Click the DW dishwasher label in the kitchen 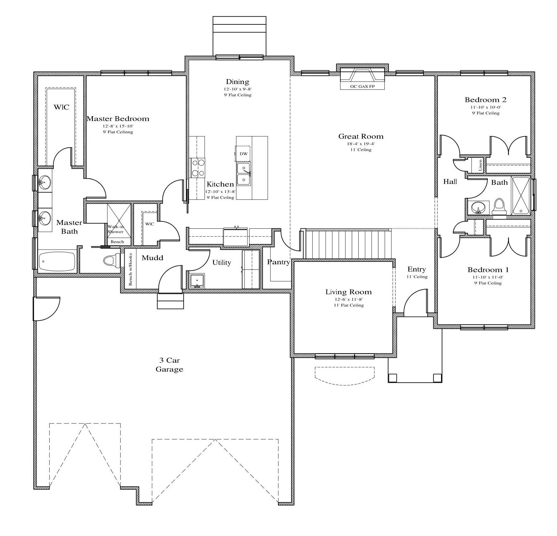coord(243,154)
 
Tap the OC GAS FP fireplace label coord(362,87)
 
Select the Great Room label coord(361,136)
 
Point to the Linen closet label coord(480,165)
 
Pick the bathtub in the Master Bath coord(57,261)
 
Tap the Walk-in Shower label coord(116,229)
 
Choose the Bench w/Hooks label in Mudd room coord(130,269)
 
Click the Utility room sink coord(197,281)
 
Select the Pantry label coord(278,262)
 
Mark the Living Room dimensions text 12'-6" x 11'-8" coord(348,299)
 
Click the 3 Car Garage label coord(169,365)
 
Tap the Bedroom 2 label coord(486,100)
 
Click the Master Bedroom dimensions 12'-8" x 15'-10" coord(118,126)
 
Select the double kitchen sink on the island coord(244,174)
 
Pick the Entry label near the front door coord(416,269)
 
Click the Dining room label coord(237,82)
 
